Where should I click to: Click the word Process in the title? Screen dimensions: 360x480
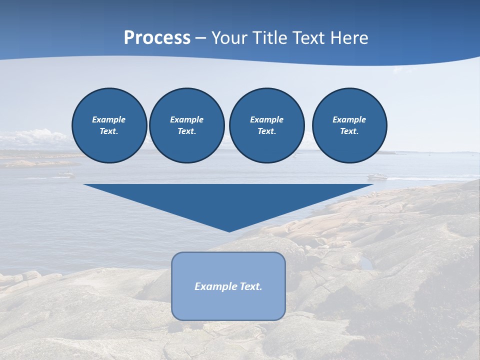coord(157,38)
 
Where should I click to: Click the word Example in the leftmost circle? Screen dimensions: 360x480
coord(109,119)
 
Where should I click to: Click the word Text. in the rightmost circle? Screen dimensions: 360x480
coord(349,131)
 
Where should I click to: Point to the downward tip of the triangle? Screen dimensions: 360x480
coord(229,231)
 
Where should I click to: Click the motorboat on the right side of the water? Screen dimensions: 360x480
coord(377,176)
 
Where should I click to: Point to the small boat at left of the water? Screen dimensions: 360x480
coord(65,174)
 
